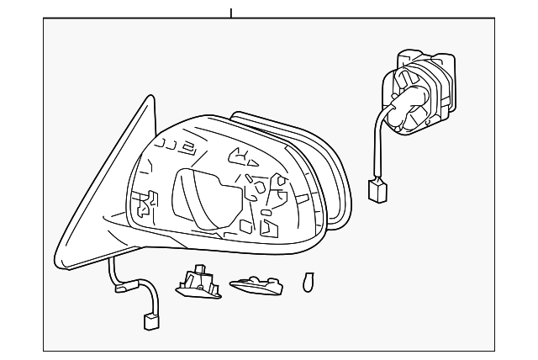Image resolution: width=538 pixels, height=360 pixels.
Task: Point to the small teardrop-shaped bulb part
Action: (308, 282)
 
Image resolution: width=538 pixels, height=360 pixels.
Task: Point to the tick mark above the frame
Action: (230, 13)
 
